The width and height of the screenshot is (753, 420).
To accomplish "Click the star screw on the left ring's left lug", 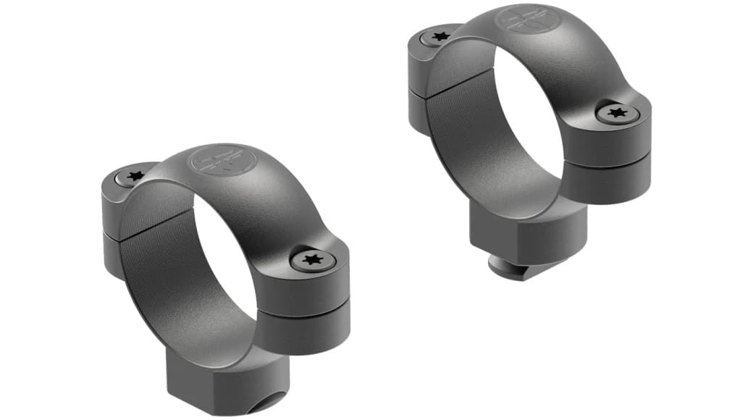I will (134, 176).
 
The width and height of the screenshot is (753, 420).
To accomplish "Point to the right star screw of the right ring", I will (617, 112).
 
